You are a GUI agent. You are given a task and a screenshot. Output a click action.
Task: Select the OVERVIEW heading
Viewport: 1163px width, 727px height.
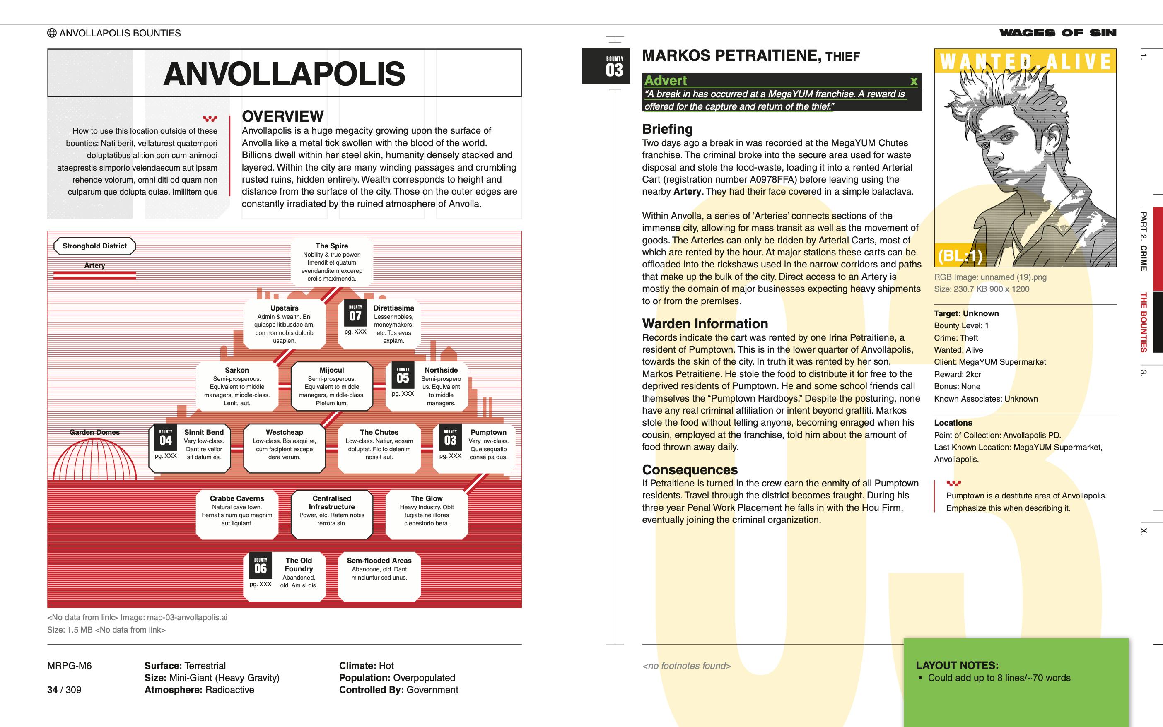click(282, 116)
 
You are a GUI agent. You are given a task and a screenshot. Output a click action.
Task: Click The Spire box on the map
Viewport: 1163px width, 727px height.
click(331, 262)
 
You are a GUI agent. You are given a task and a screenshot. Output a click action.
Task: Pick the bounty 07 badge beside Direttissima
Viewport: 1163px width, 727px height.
click(355, 313)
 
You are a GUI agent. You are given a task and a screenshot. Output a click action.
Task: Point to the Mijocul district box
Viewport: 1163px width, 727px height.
click(331, 386)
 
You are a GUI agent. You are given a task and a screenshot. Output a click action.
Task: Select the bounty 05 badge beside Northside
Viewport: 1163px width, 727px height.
click(403, 376)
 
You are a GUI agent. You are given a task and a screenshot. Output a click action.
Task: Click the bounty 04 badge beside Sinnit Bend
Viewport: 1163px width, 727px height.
click(165, 438)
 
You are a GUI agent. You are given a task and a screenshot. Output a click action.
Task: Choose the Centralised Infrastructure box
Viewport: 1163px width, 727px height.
click(331, 513)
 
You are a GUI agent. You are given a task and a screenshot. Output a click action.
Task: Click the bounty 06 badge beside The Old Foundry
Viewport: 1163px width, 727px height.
click(260, 566)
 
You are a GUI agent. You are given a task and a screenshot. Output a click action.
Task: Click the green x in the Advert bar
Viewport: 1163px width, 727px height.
click(913, 81)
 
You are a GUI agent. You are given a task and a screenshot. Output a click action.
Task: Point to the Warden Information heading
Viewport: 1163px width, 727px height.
click(705, 324)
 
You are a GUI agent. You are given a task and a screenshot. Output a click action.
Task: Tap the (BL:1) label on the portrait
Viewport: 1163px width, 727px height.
click(960, 256)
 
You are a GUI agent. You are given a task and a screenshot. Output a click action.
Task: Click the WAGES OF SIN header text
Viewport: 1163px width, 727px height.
click(1058, 33)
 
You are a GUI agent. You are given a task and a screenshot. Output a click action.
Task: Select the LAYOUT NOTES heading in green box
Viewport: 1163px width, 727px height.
click(957, 665)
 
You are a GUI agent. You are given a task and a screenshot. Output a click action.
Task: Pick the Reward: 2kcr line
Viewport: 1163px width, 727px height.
click(957, 374)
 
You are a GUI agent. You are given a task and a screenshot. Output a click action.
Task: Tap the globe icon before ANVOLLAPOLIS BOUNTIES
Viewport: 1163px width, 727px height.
click(52, 33)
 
